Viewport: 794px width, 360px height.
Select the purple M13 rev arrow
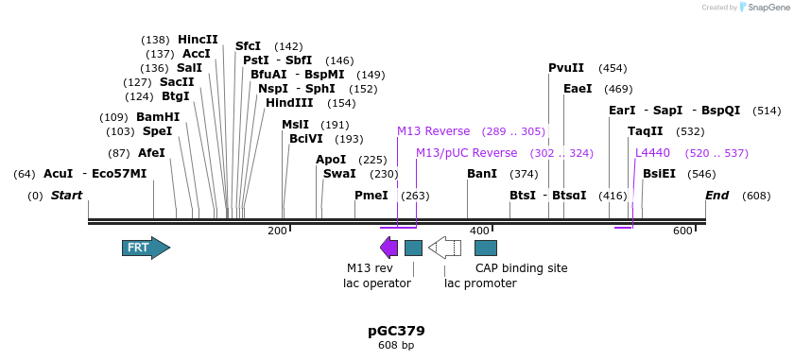pyautogui.click(x=388, y=248)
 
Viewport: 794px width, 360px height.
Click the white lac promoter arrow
pyautogui.click(x=444, y=248)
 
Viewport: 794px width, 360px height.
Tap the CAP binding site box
pyautogui.click(x=486, y=248)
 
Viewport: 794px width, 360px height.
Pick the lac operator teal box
pyautogui.click(x=413, y=248)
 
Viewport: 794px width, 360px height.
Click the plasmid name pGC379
pyautogui.click(x=396, y=331)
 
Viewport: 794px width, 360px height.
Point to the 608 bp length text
pyautogui.click(x=396, y=346)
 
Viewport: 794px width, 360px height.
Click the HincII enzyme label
pyautogui.click(x=198, y=40)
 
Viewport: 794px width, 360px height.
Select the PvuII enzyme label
pyautogui.click(x=566, y=68)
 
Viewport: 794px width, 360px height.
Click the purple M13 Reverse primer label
pyautogui.click(x=433, y=131)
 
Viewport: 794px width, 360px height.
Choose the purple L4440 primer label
pyautogui.click(x=652, y=153)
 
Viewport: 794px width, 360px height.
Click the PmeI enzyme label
pyautogui.click(x=371, y=196)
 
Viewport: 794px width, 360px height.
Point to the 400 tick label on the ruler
pyautogui.click(x=479, y=231)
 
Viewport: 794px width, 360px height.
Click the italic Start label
pyautogui.click(x=66, y=196)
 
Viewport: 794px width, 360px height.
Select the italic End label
pyautogui.click(x=717, y=196)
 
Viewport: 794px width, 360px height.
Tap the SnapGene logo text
pyautogui.click(x=768, y=8)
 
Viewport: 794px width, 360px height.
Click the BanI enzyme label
pyautogui.click(x=482, y=174)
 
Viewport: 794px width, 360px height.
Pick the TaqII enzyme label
pyautogui.click(x=646, y=131)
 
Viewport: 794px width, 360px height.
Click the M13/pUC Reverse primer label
pyautogui.click(x=467, y=153)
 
